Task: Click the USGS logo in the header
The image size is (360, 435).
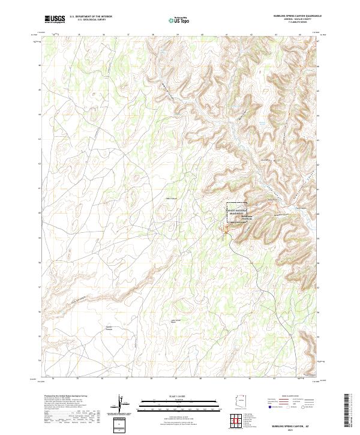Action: (x=55, y=19)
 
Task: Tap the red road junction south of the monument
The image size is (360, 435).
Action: (x=228, y=229)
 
